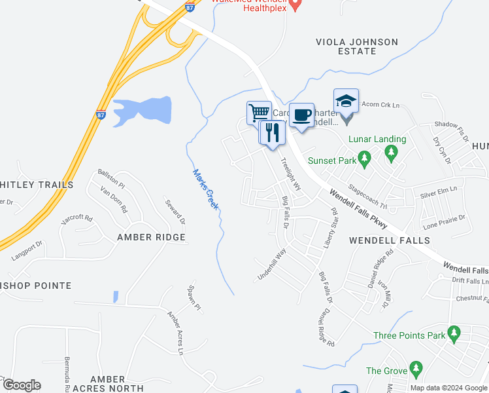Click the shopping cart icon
[259, 112]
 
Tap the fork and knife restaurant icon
[273, 133]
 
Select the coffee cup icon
[301, 115]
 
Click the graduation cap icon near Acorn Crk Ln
[346, 101]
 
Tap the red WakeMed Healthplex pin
[295, 5]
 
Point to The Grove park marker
[414, 369]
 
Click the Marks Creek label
[205, 190]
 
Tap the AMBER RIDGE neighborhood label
[152, 237]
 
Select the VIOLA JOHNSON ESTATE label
[356, 47]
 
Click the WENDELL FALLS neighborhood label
[382, 240]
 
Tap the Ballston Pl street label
[111, 178]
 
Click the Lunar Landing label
[377, 139]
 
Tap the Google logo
[22, 385]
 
